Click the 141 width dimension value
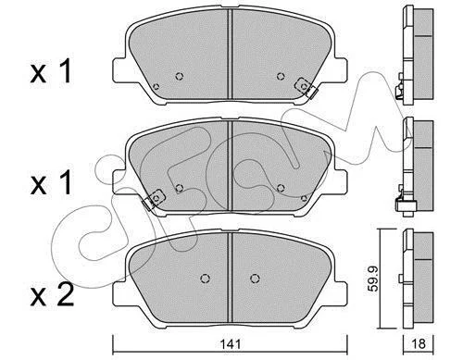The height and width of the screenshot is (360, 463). [x=231, y=343]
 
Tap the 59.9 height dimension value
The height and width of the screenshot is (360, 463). [x=374, y=279]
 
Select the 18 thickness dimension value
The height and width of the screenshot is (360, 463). [x=419, y=343]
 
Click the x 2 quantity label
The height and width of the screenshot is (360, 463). [x=52, y=294]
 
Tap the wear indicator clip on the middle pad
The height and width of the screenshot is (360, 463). [x=154, y=199]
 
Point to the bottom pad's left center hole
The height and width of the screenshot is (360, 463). [x=205, y=279]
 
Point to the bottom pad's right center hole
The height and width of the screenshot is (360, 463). [x=255, y=279]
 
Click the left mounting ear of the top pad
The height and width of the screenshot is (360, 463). [x=120, y=70]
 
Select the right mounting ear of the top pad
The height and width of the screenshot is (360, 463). [x=339, y=70]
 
